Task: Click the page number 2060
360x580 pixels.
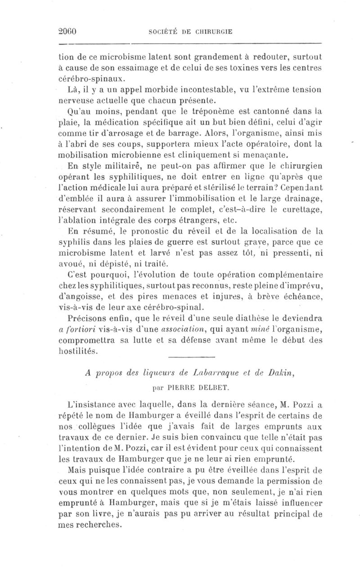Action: click(x=69, y=31)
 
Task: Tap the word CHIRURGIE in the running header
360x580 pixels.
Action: click(x=216, y=32)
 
